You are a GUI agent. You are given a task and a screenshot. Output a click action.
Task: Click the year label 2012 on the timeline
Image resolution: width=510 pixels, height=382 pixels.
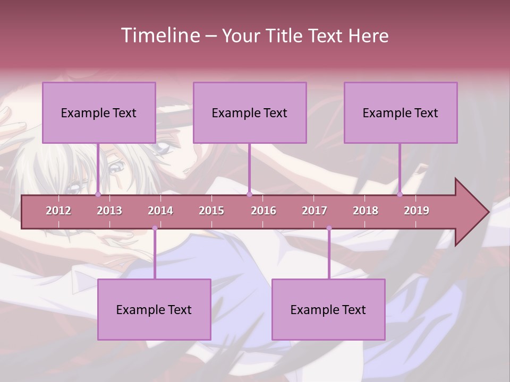58,211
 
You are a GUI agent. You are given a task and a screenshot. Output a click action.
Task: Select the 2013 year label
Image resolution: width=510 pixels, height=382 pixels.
109,211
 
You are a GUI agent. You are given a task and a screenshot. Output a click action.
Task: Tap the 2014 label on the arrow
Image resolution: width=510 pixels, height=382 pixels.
160,211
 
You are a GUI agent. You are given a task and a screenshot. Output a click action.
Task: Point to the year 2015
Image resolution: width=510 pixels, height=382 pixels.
211,211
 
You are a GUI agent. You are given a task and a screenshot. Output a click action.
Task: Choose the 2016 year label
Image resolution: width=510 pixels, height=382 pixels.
263,211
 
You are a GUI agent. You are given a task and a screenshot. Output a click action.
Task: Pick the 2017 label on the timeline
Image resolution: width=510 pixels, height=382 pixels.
314,211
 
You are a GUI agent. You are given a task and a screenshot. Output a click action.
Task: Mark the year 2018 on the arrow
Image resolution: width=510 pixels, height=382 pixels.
365,211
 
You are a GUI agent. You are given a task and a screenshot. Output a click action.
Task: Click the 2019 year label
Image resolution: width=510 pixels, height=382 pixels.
416,211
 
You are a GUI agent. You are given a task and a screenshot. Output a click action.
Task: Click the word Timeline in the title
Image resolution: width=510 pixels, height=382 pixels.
159,36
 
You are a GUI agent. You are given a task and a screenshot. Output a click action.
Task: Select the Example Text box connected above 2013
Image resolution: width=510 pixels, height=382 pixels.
99,112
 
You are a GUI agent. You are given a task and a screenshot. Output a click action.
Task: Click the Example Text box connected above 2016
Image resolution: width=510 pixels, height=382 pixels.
250,112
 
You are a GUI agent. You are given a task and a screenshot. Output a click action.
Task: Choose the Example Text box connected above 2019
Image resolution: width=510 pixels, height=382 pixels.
401,112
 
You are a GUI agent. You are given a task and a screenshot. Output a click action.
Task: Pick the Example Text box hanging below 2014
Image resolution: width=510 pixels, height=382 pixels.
154,309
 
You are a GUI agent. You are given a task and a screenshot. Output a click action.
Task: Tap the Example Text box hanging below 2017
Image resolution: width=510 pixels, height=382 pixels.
328,309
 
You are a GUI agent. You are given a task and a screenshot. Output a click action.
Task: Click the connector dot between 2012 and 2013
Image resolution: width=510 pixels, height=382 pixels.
98,195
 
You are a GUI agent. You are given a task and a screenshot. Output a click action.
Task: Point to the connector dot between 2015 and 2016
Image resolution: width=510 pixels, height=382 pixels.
249,195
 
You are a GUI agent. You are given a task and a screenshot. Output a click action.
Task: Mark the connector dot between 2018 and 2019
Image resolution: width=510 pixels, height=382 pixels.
400,195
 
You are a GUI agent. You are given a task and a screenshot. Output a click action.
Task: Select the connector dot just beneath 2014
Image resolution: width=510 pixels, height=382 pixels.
155,228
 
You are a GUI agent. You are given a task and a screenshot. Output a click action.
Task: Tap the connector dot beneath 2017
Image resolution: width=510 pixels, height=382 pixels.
329,228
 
